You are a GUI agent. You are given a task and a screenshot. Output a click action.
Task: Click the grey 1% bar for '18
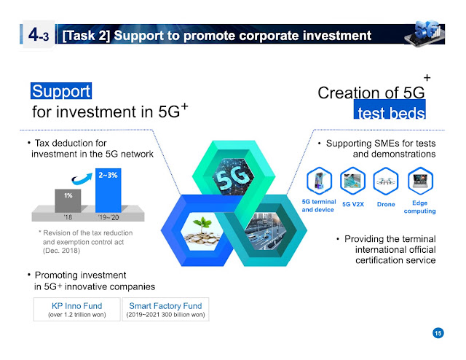(68, 201)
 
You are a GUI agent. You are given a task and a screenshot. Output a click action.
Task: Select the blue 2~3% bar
(108, 190)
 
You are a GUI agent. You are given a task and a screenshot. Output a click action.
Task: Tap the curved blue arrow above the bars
(82, 179)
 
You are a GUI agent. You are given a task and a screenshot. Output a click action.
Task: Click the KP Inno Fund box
(77, 310)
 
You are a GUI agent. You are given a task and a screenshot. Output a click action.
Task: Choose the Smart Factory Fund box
(165, 310)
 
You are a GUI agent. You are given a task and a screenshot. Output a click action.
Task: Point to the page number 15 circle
(438, 333)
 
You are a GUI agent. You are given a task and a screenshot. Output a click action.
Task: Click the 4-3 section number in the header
(39, 35)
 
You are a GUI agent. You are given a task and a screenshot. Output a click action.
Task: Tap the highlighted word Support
(61, 91)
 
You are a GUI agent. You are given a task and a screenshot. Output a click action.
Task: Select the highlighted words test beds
(390, 109)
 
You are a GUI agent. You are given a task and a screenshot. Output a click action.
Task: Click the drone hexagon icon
(386, 181)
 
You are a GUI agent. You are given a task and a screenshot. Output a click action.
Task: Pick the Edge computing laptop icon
(420, 181)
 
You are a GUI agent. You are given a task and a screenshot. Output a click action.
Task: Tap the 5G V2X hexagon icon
(352, 181)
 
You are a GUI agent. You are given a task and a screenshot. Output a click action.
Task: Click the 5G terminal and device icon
(319, 181)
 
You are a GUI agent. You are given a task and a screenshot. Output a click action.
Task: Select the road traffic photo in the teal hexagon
(266, 231)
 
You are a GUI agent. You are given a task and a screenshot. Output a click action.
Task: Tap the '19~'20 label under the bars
(108, 217)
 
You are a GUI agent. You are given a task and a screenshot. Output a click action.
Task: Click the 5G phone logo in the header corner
(424, 34)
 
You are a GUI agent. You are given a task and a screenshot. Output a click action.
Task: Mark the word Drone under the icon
(386, 204)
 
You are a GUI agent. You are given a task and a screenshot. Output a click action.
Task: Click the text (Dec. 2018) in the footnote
(61, 251)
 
